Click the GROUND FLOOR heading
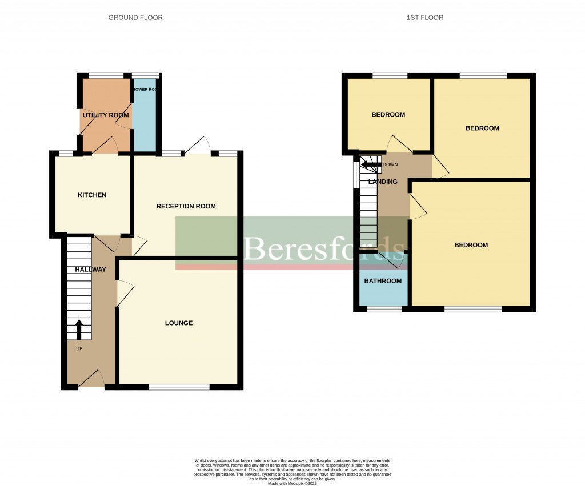(135, 18)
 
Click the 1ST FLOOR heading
(424, 18)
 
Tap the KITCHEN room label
(92, 195)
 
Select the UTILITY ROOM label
(106, 115)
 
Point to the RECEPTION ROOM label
(186, 206)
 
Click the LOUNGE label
(179, 323)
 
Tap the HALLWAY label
(91, 270)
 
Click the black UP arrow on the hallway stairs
(79, 330)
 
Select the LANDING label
(383, 182)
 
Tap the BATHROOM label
(383, 281)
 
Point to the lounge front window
(179, 387)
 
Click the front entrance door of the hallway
(91, 379)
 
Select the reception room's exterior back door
(197, 147)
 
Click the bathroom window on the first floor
(384, 309)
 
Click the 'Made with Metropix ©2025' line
(292, 483)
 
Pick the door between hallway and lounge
(124, 293)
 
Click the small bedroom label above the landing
(388, 115)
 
